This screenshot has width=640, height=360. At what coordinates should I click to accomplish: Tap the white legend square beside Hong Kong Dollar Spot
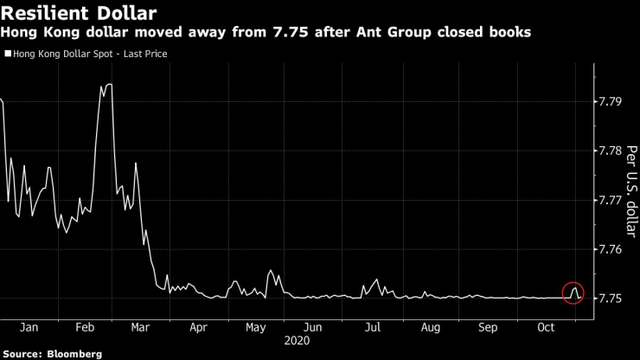[9, 54]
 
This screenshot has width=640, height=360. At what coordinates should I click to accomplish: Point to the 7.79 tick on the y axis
[611, 102]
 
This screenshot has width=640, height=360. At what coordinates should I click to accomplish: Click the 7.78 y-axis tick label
[611, 151]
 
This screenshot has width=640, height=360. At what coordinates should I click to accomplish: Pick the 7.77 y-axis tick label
[611, 200]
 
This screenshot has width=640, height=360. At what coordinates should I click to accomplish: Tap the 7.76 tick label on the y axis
[611, 249]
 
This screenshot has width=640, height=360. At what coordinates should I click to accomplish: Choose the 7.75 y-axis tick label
[611, 299]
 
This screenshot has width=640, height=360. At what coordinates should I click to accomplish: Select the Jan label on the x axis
[29, 328]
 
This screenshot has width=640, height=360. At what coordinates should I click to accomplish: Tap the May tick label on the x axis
[255, 328]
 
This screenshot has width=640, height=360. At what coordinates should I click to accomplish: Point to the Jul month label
[373, 328]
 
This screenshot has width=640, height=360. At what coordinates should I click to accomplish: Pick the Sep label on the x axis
[489, 328]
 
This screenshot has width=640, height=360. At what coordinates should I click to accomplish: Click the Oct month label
[547, 328]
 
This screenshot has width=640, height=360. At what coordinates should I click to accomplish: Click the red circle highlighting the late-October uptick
[573, 292]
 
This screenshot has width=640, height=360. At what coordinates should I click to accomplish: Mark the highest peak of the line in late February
[109, 85]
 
